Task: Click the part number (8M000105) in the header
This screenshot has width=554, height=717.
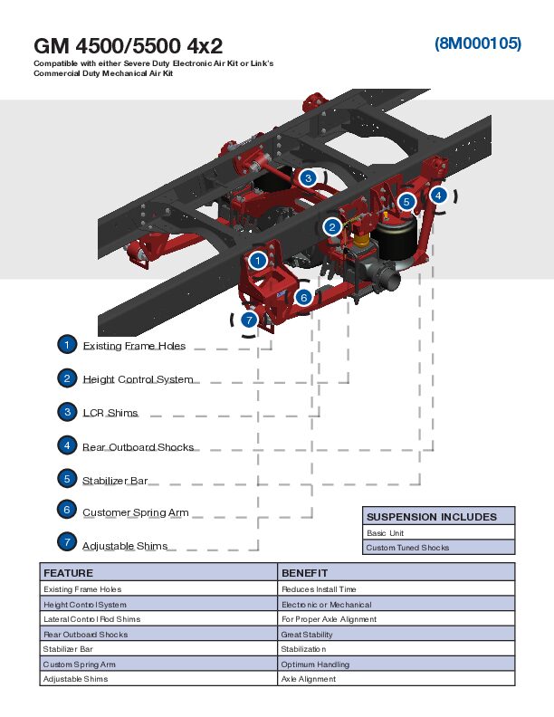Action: pos(477,43)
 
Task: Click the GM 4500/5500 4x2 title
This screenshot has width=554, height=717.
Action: pos(128,45)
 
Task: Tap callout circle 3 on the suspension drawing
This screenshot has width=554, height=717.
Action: pos(308,178)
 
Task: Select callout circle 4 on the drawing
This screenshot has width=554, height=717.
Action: pos(438,195)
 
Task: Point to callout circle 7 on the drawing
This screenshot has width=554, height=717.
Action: pos(248,320)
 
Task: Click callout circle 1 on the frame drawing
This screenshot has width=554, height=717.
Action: pos(258,261)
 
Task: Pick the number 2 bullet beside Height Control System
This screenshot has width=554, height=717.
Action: pos(67,378)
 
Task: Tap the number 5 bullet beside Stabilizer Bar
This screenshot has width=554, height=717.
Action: pos(67,478)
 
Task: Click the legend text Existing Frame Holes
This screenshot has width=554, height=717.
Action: pos(134,346)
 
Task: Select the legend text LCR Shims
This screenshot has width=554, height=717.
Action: pos(110,413)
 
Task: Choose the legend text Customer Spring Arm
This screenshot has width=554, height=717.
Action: pos(136,512)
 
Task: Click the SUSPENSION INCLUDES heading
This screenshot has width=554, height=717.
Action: pos(431,517)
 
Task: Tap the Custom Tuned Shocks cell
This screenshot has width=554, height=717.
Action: pos(407,548)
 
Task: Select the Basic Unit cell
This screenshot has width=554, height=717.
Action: pos(385,533)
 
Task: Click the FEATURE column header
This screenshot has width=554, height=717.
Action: pos(68,573)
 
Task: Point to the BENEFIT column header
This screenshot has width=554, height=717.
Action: pos(304,573)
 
